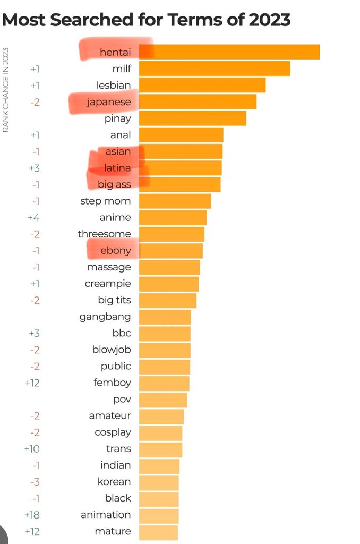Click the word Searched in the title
tap(99, 20)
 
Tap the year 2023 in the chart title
tap(264, 20)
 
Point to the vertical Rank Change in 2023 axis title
tap(6, 90)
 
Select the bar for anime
tap(173, 217)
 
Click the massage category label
tap(109, 267)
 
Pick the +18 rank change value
tap(32, 514)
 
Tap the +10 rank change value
tap(32, 448)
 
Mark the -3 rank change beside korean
tap(35, 481)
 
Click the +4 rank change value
tap(33, 217)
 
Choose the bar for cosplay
tap(160, 432)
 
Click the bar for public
tap(164, 366)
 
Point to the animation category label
tap(106, 514)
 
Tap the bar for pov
tap(162, 399)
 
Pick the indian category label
tap(115, 465)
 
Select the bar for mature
tap(158, 531)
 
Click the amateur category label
tap(110, 415)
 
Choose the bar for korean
tap(159, 481)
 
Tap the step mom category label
tap(106, 201)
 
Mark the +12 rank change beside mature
tap(32, 531)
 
